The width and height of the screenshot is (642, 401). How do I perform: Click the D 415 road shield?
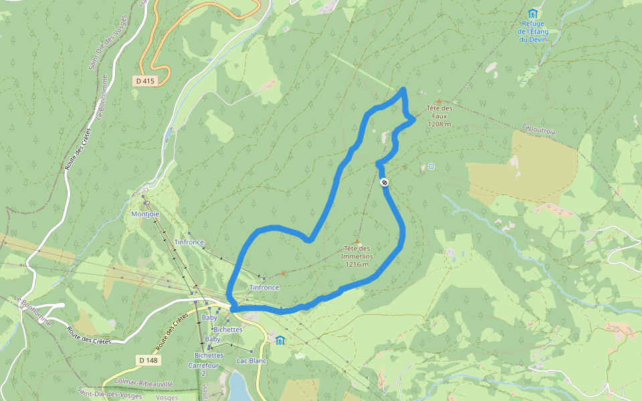(x=145, y=80)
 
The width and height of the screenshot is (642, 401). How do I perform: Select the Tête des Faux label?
(x=439, y=112)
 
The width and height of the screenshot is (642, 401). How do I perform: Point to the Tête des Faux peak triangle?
(x=439, y=100)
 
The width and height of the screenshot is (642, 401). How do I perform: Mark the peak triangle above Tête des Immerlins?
(x=357, y=242)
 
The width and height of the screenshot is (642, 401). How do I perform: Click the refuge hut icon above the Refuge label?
(x=532, y=13)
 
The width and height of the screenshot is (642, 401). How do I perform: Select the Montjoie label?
(x=145, y=214)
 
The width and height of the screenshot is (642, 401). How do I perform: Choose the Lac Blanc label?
(x=251, y=361)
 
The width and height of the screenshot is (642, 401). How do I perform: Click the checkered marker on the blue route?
(x=384, y=182)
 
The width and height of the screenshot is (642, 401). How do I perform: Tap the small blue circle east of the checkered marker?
(x=431, y=166)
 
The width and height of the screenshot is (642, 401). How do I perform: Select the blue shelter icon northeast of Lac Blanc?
(x=280, y=340)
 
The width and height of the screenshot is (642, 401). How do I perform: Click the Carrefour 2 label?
(x=205, y=369)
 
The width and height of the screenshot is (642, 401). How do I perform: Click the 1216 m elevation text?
(x=357, y=264)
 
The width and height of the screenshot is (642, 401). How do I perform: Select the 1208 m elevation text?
(x=439, y=124)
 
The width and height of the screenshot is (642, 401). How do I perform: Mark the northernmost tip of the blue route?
(x=403, y=89)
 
